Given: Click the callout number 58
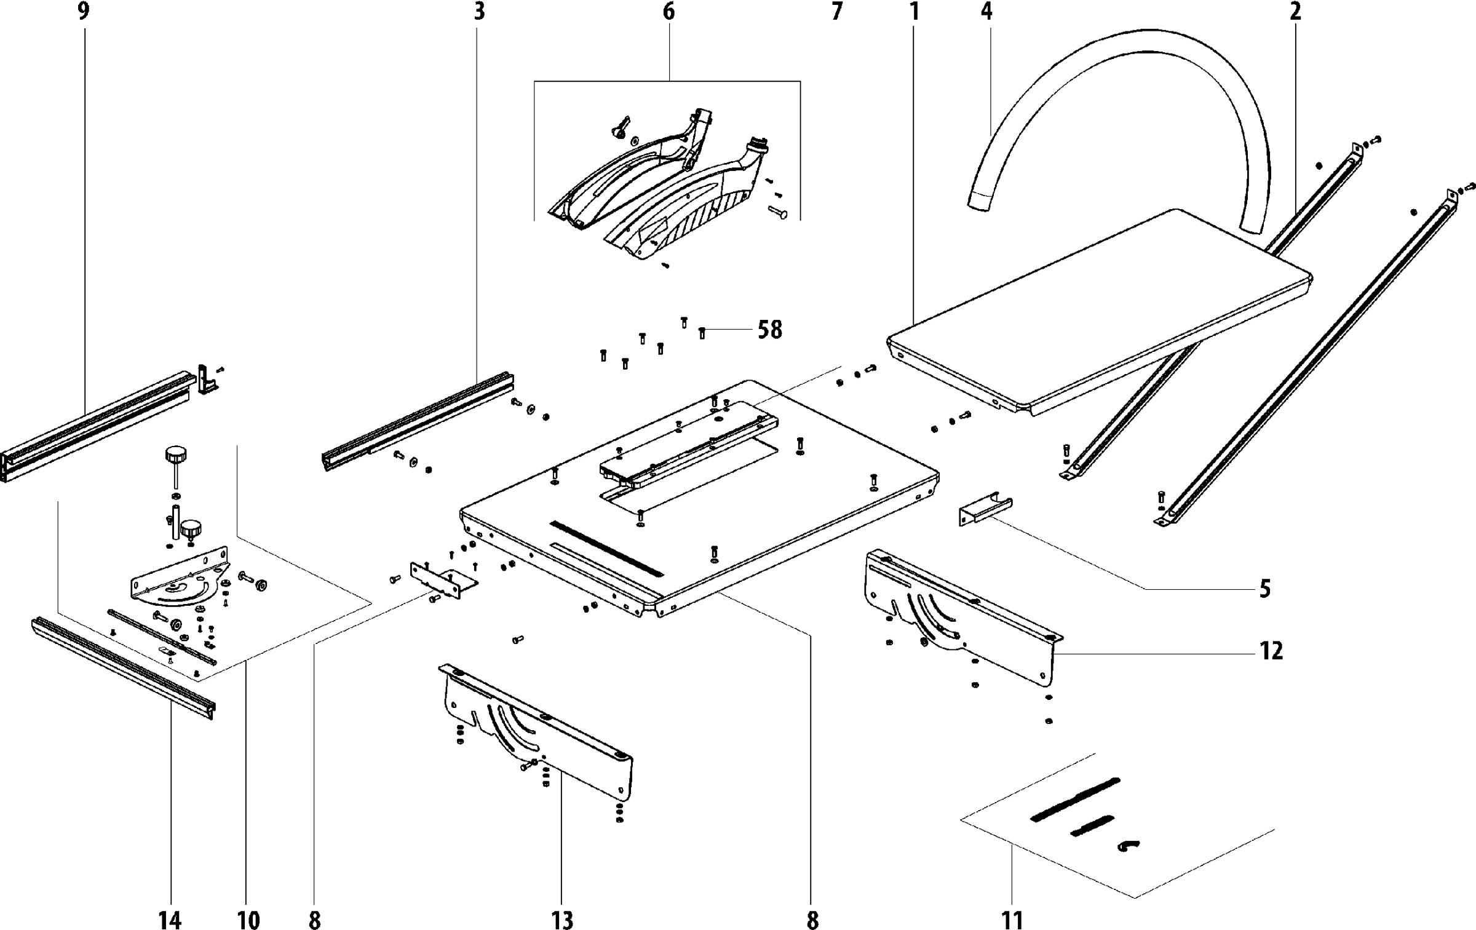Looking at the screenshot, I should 769,330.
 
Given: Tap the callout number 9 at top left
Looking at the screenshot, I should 84,11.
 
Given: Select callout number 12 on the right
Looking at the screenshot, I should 1271,651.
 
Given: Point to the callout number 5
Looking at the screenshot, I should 1264,589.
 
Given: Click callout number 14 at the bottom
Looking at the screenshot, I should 170,920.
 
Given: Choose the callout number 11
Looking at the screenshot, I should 1012,920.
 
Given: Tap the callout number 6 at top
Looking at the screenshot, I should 669,11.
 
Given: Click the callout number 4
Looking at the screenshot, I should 986,11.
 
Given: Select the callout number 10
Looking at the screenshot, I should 248,920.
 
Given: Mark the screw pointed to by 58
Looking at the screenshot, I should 702,333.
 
